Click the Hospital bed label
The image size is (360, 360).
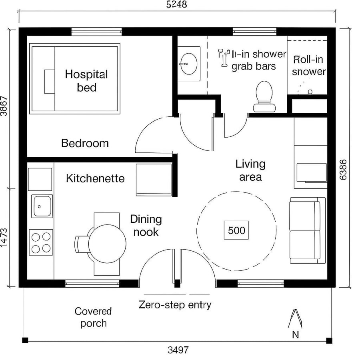(86, 80)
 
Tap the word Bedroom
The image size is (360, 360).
(85, 143)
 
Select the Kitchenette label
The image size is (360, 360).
(95, 178)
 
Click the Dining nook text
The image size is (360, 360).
(146, 225)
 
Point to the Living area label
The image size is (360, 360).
(250, 170)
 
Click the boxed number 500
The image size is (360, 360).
(236, 230)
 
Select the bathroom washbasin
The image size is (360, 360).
(188, 63)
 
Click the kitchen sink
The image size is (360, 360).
(42, 206)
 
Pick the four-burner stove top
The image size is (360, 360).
(41, 242)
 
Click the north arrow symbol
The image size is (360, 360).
(295, 319)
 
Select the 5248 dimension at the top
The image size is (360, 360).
(176, 5)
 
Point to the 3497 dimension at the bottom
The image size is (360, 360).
(178, 351)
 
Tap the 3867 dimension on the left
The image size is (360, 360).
(4, 106)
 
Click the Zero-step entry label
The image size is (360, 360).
(175, 305)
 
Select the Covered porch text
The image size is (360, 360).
(93, 317)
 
